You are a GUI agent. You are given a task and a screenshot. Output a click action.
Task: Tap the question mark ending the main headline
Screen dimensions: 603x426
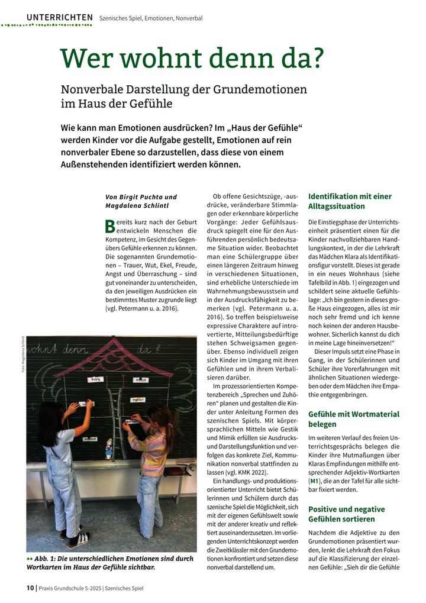pyautogui.click(x=316, y=57)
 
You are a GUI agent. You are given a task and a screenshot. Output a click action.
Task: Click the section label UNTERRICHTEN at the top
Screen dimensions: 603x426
pyautogui.click(x=59, y=18)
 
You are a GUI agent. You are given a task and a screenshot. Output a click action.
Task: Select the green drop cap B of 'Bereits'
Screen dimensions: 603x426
pyautogui.click(x=109, y=225)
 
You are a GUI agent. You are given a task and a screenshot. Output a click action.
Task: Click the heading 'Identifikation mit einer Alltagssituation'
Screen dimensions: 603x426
pyautogui.click(x=350, y=201)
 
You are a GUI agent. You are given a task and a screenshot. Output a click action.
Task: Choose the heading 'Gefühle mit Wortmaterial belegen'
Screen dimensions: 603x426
pyautogui.click(x=354, y=419)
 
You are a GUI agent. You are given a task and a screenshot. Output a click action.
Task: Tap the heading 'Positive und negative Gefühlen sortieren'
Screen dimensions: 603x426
pyautogui.click(x=347, y=514)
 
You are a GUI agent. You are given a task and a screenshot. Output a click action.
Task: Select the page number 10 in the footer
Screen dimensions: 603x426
pyautogui.click(x=30, y=588)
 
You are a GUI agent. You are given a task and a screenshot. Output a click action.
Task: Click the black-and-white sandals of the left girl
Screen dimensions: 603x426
pyautogui.click(x=76, y=538)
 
